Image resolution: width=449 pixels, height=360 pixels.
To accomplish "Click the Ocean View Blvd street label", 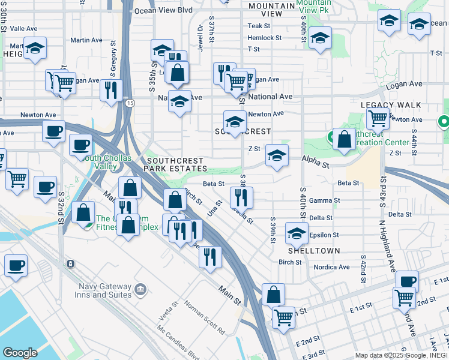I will point(163,10).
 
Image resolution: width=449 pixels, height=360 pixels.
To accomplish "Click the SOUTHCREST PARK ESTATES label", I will point(176,165).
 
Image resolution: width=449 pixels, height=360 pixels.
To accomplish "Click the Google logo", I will point(20,353).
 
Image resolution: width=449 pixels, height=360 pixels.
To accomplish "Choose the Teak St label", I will point(259,26).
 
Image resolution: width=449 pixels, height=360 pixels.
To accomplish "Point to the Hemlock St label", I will point(264,38).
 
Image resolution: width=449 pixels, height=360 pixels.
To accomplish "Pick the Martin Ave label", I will point(86,40).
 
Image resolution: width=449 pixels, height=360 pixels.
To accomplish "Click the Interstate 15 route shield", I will point(130,103).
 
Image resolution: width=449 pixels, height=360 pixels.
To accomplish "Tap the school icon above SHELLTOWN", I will point(297,235).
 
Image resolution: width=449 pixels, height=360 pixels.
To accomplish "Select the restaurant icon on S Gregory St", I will point(110,90).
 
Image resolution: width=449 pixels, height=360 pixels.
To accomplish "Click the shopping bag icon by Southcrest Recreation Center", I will point(344,140).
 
